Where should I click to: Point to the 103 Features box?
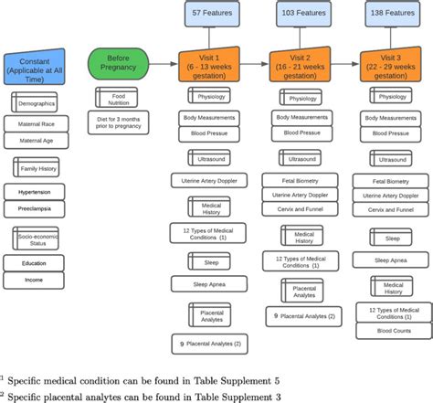[x=302, y=13]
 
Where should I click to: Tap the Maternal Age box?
[x=35, y=140]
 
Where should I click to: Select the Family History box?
[x=35, y=167]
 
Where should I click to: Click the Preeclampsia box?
[x=35, y=207]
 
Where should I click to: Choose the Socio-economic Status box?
[x=36, y=239]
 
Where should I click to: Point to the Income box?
[x=35, y=280]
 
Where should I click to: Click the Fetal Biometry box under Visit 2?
[x=302, y=180]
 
